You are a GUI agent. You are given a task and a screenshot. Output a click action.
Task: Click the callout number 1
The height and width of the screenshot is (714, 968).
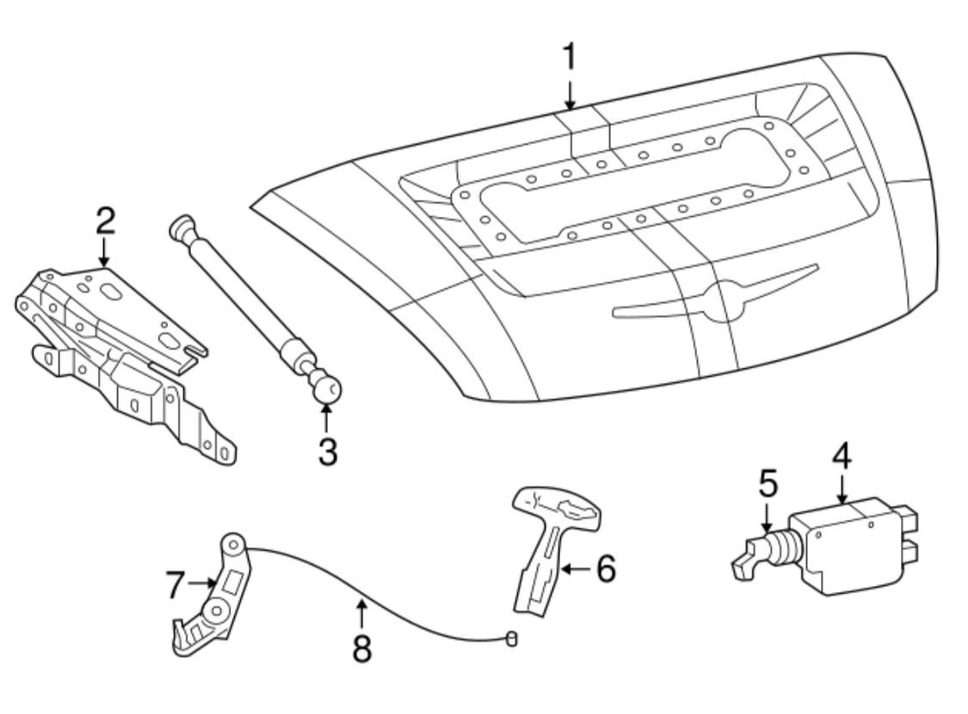[569, 57]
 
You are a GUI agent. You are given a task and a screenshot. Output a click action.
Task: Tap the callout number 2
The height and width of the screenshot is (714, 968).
[104, 222]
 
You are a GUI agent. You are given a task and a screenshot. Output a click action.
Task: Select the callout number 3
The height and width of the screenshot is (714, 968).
[327, 451]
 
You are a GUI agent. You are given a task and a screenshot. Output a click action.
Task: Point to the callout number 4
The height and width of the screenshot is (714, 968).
[841, 457]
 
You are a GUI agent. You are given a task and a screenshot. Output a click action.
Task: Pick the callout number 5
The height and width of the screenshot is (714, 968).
[768, 484]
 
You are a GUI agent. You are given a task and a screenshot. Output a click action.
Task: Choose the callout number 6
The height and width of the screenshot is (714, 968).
[606, 569]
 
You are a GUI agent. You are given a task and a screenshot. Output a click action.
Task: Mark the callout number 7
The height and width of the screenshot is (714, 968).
[176, 586]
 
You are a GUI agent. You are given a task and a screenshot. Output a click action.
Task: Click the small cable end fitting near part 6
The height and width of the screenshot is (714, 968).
[512, 638]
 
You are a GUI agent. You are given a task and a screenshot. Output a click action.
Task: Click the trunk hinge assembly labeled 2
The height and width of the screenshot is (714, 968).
[120, 353]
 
